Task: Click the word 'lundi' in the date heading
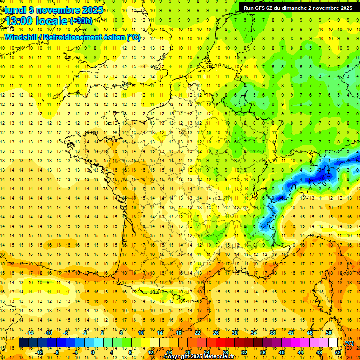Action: (x=14, y=9)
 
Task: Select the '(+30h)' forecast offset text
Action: (x=81, y=21)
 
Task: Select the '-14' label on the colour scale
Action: (x=30, y=333)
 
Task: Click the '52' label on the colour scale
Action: (x=338, y=352)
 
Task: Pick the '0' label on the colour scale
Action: (x=93, y=352)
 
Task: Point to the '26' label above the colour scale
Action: (x=216, y=333)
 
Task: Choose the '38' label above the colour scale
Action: (x=272, y=333)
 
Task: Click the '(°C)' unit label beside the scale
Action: (x=349, y=343)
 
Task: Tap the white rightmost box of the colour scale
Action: (x=333, y=343)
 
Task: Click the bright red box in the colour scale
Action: (x=221, y=343)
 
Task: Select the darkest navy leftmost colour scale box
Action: (x=23, y=343)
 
